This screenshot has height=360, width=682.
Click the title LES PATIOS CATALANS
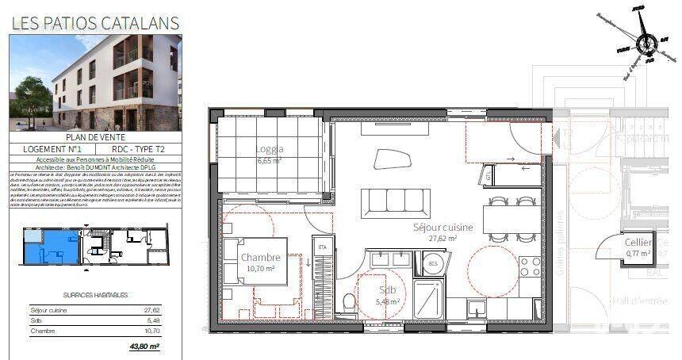tap(95, 23)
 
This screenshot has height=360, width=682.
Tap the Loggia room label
tap(270, 148)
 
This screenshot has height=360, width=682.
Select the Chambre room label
tap(260, 258)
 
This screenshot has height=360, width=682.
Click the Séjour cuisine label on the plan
tap(443, 227)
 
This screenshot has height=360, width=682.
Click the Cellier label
tap(639, 242)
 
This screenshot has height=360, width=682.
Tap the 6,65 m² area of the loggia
tap(270, 160)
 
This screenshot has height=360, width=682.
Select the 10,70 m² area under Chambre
tap(260, 269)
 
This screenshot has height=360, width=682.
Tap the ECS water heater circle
tap(433, 262)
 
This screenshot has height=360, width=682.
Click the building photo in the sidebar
tap(95, 82)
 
